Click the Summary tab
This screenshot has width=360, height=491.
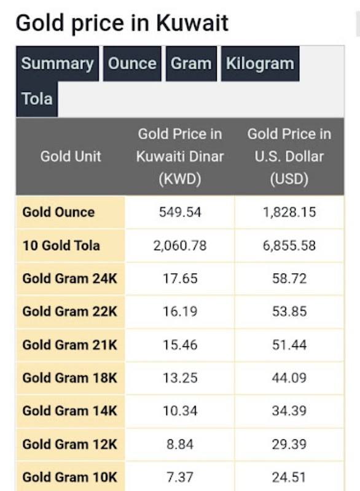pyautogui.click(x=58, y=64)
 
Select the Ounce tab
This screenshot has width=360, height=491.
pyautogui.click(x=132, y=64)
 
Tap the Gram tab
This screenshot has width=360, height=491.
pyautogui.click(x=191, y=64)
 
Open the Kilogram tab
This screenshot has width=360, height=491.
pyautogui.click(x=260, y=64)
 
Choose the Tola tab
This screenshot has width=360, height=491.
pyautogui.click(x=37, y=99)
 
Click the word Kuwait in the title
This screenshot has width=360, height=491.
pyautogui.click(x=192, y=23)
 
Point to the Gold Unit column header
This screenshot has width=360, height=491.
pyautogui.click(x=71, y=157)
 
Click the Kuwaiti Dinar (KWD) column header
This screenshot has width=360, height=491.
pyautogui.click(x=180, y=157)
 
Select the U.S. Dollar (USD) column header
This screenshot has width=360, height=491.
pyautogui.click(x=289, y=157)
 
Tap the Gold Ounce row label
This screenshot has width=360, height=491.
pyautogui.click(x=58, y=212)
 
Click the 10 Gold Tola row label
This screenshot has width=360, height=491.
pyautogui.click(x=61, y=245)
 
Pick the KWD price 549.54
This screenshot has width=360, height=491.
pyautogui.click(x=180, y=212)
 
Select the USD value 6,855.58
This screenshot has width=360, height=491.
pyautogui.click(x=289, y=245)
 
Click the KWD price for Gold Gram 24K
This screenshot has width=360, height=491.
pyautogui.click(x=180, y=279)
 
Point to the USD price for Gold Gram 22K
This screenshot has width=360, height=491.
pyautogui.click(x=289, y=312)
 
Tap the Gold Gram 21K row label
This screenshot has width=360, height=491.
pyautogui.click(x=69, y=345)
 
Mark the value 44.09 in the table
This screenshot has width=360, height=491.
pyautogui.click(x=289, y=378)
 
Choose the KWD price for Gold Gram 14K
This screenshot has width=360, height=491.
pyautogui.click(x=180, y=411)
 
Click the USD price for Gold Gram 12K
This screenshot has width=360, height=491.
pyautogui.click(x=289, y=444)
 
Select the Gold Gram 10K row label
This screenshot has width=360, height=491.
pyautogui.click(x=69, y=477)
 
